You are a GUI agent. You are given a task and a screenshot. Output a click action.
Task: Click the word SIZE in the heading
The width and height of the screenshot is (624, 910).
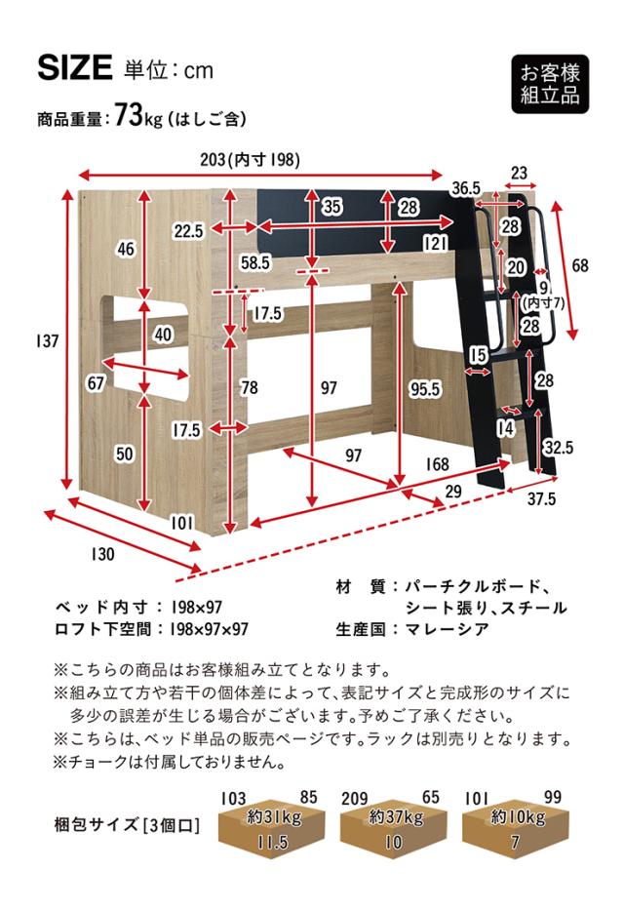click(x=75, y=67)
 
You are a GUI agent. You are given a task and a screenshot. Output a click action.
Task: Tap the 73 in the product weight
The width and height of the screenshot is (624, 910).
click(x=128, y=114)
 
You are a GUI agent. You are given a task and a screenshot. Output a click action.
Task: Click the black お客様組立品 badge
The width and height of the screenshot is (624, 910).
click(x=550, y=84)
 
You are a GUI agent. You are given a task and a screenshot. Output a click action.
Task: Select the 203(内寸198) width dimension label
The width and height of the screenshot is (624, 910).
click(x=250, y=160)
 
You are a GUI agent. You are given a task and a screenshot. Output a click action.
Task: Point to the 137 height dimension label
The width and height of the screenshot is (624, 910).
click(x=48, y=340)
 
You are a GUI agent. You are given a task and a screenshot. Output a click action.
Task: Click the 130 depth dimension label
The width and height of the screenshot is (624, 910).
click(x=102, y=554)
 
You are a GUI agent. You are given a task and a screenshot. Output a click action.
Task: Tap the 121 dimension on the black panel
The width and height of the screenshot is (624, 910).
click(x=435, y=243)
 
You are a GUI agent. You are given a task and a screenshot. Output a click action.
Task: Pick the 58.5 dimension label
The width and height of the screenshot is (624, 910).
click(x=255, y=263)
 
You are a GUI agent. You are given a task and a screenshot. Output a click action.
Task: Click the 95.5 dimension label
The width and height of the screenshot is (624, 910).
click(x=424, y=389)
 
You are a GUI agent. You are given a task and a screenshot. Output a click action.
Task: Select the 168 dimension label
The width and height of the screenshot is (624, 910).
click(x=437, y=463)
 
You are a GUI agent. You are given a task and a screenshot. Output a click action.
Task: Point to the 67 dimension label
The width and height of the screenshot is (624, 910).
click(x=96, y=383)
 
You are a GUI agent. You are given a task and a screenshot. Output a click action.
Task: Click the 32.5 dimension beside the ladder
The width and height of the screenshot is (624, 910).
click(x=559, y=448)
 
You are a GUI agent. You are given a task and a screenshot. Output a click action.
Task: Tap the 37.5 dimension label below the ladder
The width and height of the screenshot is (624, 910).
click(x=541, y=498)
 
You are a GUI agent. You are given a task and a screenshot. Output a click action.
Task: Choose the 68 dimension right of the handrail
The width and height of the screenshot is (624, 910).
click(x=580, y=266)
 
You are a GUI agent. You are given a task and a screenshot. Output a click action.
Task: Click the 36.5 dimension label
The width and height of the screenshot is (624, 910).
click(x=466, y=188)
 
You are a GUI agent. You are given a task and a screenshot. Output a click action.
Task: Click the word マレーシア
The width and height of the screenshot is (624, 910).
click(x=447, y=629)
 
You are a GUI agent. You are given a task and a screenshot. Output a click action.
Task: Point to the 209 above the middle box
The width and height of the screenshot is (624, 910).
click(x=354, y=799)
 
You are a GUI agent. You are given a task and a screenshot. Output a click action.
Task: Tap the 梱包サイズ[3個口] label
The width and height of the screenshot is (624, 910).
click(x=127, y=824)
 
